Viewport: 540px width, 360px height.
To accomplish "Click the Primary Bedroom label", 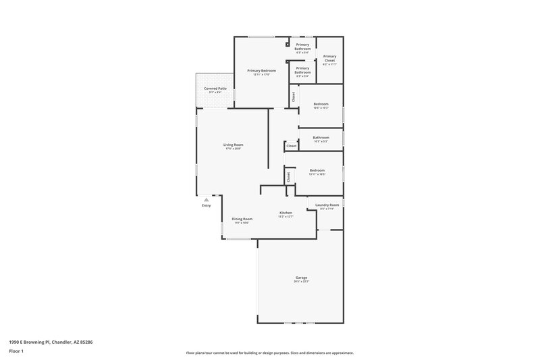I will click(x=261, y=70).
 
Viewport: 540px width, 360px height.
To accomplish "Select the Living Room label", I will click(x=234, y=145).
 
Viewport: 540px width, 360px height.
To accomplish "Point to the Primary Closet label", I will click(x=329, y=58).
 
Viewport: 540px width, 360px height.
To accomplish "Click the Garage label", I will click(x=301, y=278).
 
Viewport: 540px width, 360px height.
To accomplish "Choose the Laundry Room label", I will click(x=327, y=205).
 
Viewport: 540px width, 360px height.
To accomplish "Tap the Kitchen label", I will click(x=286, y=213).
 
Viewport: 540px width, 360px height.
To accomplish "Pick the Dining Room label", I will click(x=242, y=219).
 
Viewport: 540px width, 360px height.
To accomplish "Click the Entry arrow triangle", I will click(x=207, y=199).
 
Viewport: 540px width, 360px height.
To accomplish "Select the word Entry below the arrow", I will click(x=207, y=205).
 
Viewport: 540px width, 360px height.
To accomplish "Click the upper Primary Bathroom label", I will click(x=302, y=47).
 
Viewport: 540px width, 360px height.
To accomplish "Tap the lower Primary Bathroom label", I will click(x=302, y=70).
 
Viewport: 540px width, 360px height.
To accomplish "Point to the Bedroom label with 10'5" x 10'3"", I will click(x=321, y=104).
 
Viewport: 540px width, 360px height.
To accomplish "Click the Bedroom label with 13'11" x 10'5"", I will click(x=317, y=170).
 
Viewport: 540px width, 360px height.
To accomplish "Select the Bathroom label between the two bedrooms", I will click(x=321, y=138).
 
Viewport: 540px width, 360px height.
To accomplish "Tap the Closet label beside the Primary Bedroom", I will click(x=294, y=97).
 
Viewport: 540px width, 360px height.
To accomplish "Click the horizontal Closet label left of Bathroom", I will click(x=291, y=146).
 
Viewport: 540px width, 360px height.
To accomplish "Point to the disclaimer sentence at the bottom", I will click(x=270, y=353).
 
